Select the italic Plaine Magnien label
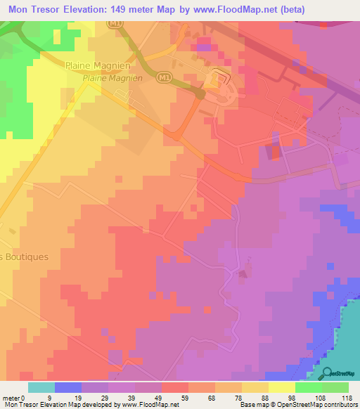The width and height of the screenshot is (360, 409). (112, 79)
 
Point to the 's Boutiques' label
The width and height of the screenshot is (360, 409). (24, 257)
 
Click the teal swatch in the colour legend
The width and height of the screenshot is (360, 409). (41, 387)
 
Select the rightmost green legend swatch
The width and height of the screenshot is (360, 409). (335, 387)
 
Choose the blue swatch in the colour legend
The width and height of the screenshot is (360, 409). (68, 387)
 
